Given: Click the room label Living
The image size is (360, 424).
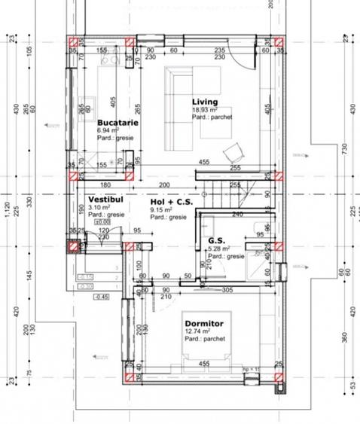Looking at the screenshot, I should click(204, 102).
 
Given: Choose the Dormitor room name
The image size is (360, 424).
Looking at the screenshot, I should click(204, 322).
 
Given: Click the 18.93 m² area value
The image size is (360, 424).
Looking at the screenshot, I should click(205, 110).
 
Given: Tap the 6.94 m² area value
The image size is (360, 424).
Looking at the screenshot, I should click(108, 130).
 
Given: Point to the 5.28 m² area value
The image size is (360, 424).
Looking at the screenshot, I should click(219, 249).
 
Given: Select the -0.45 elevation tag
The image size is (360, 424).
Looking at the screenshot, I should click(101, 297).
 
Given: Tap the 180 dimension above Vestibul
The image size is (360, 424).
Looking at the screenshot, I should click(106, 184).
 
